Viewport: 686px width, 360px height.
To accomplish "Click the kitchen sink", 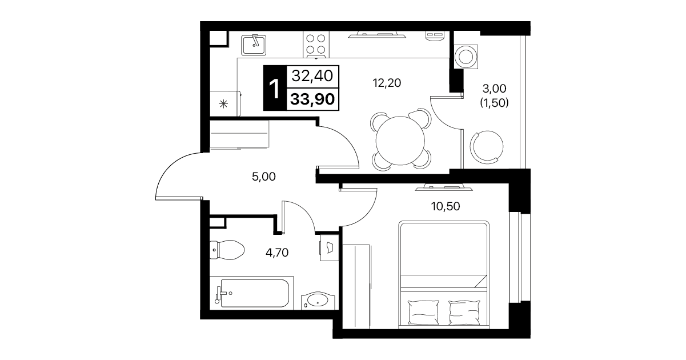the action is point(253,45).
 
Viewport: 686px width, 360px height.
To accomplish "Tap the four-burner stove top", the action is point(316,44).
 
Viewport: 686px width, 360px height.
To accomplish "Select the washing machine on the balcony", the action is point(466,57).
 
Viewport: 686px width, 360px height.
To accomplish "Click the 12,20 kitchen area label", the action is point(387,83).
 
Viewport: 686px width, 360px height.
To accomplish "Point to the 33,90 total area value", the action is point(312,99).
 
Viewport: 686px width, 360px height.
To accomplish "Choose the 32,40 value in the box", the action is point(312,75).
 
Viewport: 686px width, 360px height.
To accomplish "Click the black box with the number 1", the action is point(275,88).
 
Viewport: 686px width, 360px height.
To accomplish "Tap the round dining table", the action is point(400,141).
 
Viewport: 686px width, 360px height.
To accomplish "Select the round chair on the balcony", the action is point(487,146).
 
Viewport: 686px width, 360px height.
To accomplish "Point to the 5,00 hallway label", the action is point(264,177).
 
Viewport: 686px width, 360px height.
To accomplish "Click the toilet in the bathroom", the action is point(227,250).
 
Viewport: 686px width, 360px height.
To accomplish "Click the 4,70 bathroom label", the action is point(277,253).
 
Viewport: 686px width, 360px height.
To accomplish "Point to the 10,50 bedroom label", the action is point(446,206).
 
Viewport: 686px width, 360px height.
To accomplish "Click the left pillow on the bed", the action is point(424,312).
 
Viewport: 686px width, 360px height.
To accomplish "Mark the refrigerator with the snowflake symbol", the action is point(225,103).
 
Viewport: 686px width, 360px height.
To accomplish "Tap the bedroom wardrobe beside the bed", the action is point(356,286).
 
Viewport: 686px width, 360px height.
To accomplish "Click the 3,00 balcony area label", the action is point(494,89).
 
